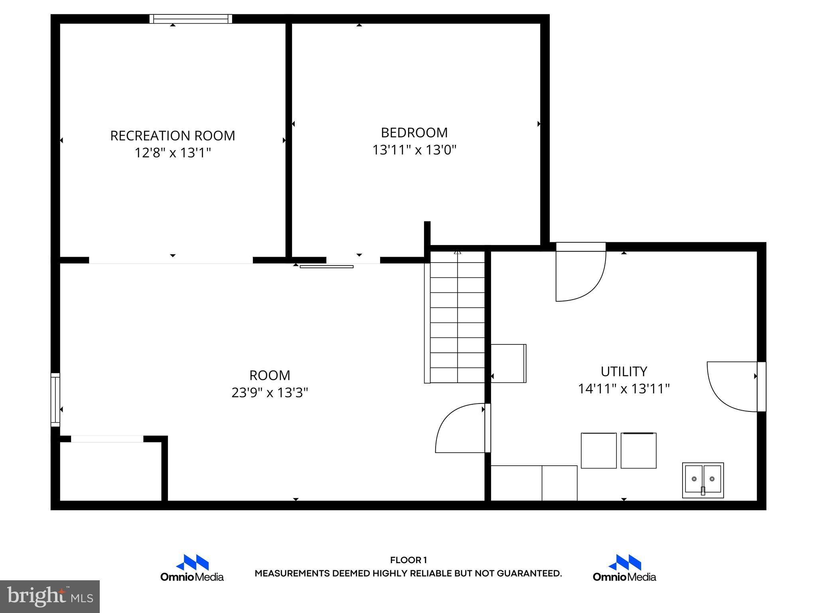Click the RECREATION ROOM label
(172, 136)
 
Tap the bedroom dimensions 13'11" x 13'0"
(414, 150)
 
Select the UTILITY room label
(624, 372)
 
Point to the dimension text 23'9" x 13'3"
(270, 393)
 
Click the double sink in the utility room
(703, 480)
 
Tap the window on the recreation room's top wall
(191, 19)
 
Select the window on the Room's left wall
(55, 399)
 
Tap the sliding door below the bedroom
(326, 267)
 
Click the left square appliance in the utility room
(598, 451)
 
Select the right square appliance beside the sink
(638, 451)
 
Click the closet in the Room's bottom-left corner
(111, 471)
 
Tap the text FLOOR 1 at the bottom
(408, 560)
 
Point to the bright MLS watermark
(49, 596)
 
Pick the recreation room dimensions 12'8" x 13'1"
(172, 153)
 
